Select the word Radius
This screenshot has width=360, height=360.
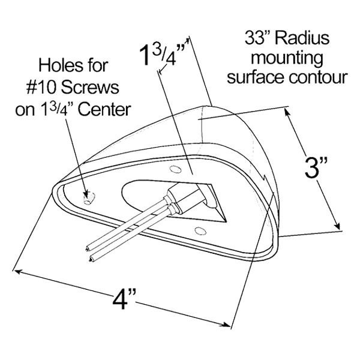point(302,38)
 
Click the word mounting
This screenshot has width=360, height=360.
point(287,59)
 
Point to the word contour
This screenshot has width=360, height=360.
point(318,77)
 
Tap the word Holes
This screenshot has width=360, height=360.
point(59,65)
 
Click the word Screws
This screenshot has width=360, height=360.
point(90,87)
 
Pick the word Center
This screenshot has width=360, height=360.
point(104,110)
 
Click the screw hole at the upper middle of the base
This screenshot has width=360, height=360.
point(175,169)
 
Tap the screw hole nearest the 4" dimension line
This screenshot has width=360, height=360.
point(200,231)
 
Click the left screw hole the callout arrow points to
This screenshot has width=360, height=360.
point(89,199)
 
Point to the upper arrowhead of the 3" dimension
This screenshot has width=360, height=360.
point(287,112)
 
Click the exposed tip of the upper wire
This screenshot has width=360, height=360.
point(87,248)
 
